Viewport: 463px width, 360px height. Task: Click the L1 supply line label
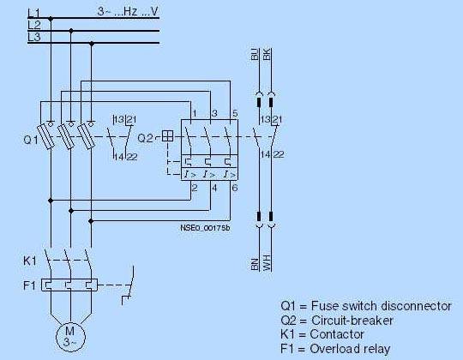click(33, 13)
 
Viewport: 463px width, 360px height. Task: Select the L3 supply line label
click(34, 37)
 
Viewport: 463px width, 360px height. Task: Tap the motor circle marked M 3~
click(70, 336)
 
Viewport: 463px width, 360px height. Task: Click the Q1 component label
click(31, 139)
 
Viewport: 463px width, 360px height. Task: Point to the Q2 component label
click(145, 138)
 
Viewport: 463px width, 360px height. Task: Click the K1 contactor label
click(30, 261)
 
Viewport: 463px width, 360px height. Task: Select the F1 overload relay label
click(29, 285)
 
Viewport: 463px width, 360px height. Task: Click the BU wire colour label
click(255, 54)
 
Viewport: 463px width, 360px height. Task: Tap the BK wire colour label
click(267, 54)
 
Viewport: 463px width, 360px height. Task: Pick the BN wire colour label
click(255, 264)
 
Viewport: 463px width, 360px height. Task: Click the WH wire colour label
click(267, 264)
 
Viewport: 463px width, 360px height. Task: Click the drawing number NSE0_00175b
click(205, 228)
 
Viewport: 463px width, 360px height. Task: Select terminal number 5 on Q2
click(235, 113)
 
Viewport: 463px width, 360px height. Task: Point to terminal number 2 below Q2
click(195, 188)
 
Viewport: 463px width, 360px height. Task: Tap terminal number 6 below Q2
click(235, 188)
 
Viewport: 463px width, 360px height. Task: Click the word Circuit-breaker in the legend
click(352, 321)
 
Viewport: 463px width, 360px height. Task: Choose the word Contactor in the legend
click(337, 334)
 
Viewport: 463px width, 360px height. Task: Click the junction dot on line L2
click(71, 30)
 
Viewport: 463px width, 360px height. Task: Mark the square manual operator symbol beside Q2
click(168, 136)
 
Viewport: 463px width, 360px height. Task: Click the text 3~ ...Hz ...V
click(128, 12)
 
